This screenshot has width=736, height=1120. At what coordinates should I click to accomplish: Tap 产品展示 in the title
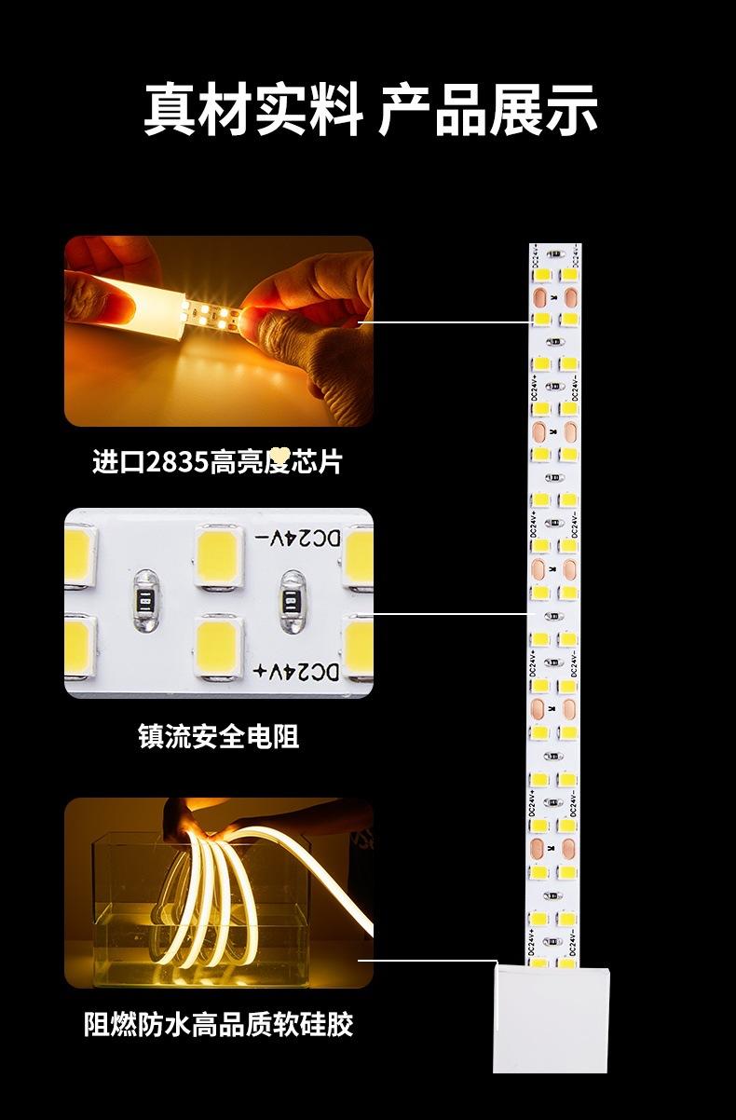(487, 109)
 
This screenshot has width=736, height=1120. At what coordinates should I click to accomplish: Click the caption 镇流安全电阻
(218, 737)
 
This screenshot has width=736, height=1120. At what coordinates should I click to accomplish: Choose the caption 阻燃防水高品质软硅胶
(218, 1025)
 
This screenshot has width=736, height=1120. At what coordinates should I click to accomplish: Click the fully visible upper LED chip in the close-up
(219, 555)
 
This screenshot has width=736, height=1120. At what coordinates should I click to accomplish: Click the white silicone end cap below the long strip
(552, 1018)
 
